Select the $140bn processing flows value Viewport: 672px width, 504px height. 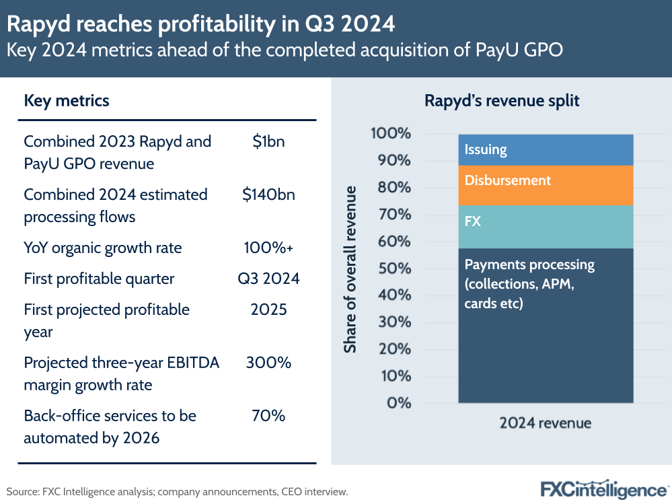coord(268,194)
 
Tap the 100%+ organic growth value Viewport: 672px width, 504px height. coord(268,248)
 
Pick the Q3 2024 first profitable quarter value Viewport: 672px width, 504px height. coord(268,279)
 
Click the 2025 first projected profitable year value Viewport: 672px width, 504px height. coord(268,310)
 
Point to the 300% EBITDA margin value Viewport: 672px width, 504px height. coord(268,363)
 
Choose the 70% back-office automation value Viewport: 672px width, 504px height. coord(268,416)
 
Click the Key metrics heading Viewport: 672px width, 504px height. coord(67,101)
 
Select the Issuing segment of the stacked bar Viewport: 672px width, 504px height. coord(546,149)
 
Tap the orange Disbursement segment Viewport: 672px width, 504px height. coord(546,185)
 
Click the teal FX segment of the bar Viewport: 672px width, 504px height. coord(546,225)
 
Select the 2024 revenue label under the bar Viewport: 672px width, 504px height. coord(546,423)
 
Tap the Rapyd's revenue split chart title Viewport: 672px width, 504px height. coord(502,101)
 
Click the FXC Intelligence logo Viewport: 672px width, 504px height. coord(604,490)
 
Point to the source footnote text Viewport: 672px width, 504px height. coord(177,492)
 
